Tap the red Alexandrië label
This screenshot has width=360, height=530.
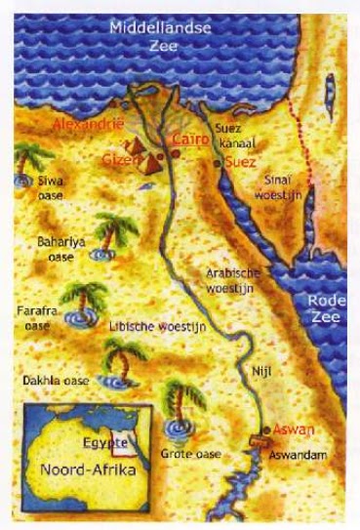89,126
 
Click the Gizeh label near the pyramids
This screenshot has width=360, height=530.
117,158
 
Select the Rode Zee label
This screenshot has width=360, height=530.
324,307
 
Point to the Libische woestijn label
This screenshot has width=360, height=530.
157,323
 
